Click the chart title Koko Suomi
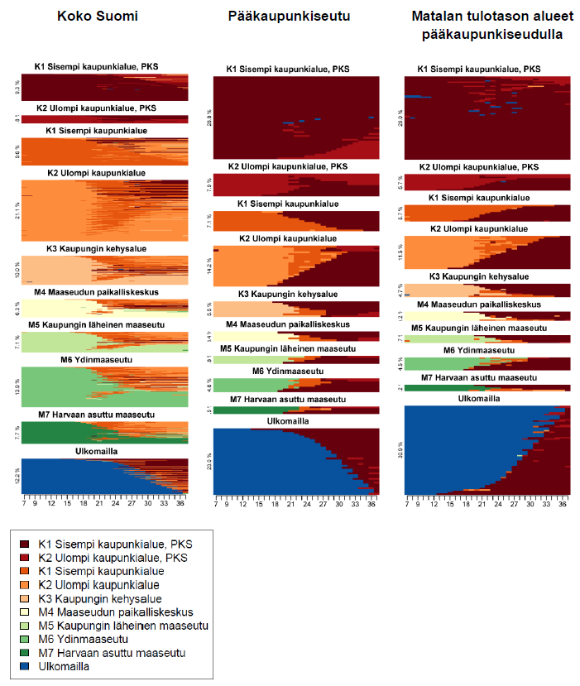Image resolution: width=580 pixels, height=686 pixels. coord(103,16)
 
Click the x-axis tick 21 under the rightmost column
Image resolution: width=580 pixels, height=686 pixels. coord(482,502)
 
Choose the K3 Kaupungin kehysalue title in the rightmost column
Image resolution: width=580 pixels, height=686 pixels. coord(487,277)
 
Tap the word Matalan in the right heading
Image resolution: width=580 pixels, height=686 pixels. coord(439,16)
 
